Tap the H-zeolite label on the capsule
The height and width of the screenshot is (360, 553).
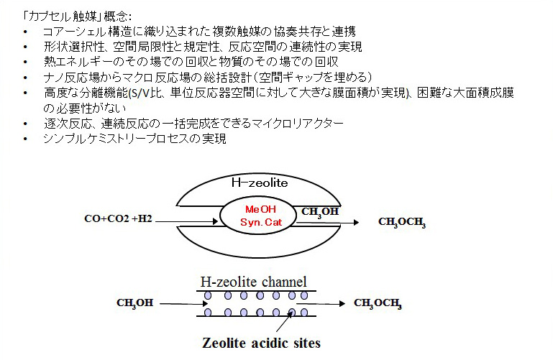(260, 183)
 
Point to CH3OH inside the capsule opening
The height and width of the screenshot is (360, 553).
(321, 212)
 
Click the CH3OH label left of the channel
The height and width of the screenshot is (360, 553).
(134, 303)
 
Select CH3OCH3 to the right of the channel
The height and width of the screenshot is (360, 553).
(378, 303)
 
